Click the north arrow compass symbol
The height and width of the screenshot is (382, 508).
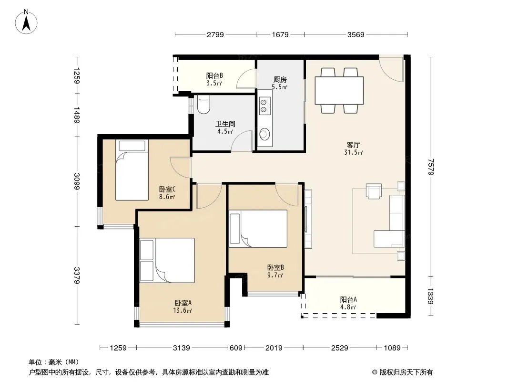tap(26, 22)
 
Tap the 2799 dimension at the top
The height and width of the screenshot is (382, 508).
tap(215, 34)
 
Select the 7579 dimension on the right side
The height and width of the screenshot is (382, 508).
tap(431, 167)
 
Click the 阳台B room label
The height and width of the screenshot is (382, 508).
tap(214, 75)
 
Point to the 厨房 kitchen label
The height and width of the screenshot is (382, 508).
tap(280, 80)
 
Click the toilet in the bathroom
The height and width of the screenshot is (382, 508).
tap(203, 104)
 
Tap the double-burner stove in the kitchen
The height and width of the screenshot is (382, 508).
tap(264, 106)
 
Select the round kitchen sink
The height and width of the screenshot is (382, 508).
tap(264, 134)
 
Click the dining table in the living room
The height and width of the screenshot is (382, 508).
tap(339, 90)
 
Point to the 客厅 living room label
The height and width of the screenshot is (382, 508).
tap(353, 145)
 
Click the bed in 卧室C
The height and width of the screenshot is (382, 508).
tap(132, 170)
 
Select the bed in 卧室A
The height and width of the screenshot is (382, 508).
tap(167, 260)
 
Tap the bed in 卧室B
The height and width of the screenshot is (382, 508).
tap(258, 229)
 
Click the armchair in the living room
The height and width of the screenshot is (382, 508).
tap(374, 191)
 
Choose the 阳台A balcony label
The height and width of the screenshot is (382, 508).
tap(348, 299)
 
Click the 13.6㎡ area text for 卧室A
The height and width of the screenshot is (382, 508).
tap(183, 310)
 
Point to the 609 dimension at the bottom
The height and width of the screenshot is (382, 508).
tap(236, 348)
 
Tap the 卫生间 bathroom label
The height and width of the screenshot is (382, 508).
tap(225, 124)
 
